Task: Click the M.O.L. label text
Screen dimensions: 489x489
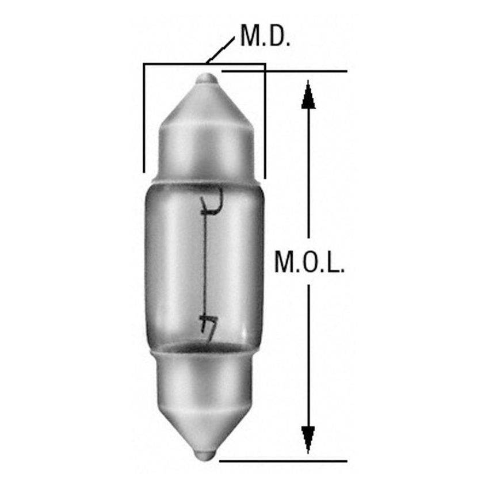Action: (x=309, y=263)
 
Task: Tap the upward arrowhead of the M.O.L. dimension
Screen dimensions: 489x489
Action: (x=309, y=95)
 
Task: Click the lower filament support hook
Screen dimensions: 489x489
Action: (x=206, y=326)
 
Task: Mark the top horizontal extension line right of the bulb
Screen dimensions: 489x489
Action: (x=288, y=71)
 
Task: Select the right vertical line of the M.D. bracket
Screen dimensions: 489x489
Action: (x=265, y=121)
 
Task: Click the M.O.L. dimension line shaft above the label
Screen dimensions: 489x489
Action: (x=309, y=173)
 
